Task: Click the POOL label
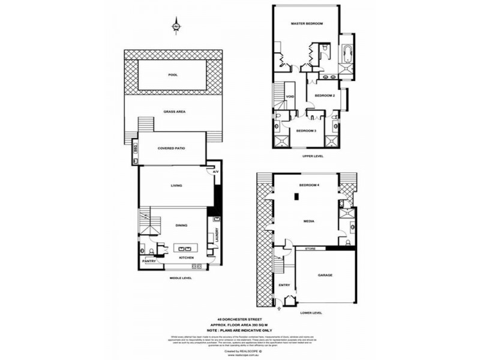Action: pyautogui.click(x=173, y=75)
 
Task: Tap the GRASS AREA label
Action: pyautogui.click(x=173, y=112)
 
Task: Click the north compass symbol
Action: pyautogui.click(x=176, y=26)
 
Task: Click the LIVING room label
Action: pyautogui.click(x=176, y=186)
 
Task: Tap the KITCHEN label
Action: pyautogui.click(x=187, y=257)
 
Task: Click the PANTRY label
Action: pyautogui.click(x=149, y=262)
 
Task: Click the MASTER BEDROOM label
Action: pyautogui.click(x=307, y=23)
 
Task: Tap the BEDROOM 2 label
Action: pyautogui.click(x=324, y=95)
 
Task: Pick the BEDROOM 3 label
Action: pyautogui.click(x=306, y=130)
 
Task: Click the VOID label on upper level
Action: pyautogui.click(x=289, y=96)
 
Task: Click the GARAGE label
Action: pyautogui.click(x=325, y=275)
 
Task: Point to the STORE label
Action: pyautogui.click(x=310, y=248)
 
